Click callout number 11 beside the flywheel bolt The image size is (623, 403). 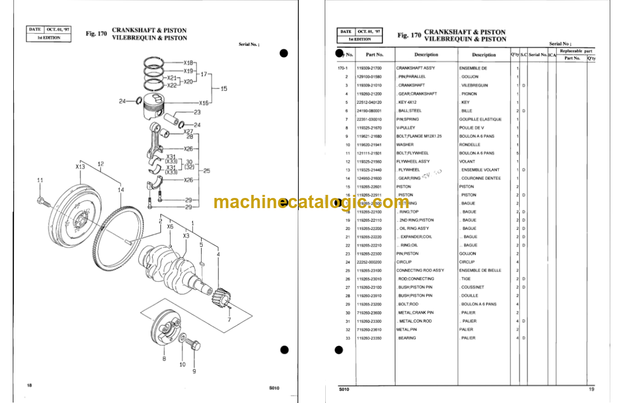pos(40,180)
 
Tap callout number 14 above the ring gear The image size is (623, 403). pos(121,190)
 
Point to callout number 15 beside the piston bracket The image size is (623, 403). pos(223,89)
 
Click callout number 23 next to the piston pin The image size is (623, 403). pos(197,112)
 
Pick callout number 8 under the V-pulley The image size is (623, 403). pos(164,359)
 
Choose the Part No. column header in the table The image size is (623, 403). pos(374,54)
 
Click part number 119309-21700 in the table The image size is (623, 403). pos(369,68)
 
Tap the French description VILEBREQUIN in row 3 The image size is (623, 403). pos(474,85)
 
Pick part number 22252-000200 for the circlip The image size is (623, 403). pos(369,262)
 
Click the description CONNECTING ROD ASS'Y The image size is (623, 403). pos(420,270)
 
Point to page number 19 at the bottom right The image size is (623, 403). pos(591,389)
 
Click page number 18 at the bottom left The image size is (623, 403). pos(30,385)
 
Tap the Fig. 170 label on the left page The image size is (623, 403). pos(96,34)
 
